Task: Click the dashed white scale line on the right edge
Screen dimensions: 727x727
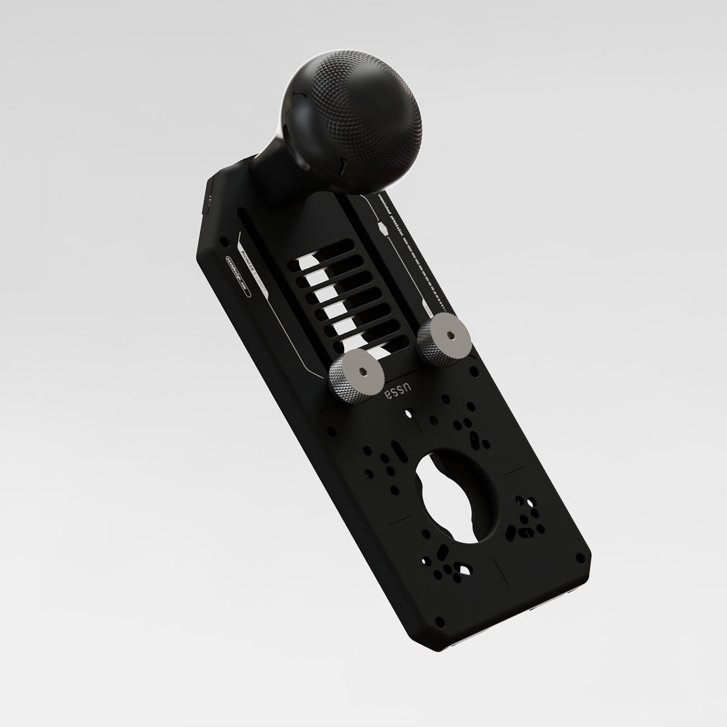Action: point(417,271)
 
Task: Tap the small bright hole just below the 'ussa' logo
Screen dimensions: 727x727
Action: point(408,413)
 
